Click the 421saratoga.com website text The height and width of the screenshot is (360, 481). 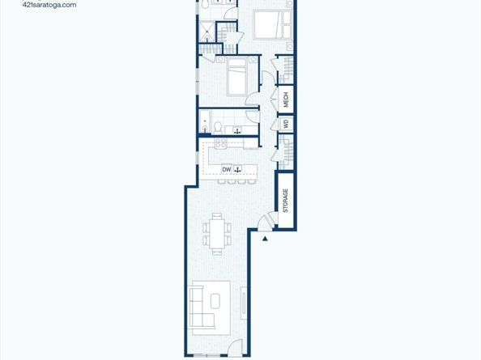click(x=49, y=5)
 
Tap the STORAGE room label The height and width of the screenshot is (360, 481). click(x=286, y=201)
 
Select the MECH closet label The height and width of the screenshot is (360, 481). click(x=286, y=100)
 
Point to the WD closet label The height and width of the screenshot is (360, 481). click(x=286, y=124)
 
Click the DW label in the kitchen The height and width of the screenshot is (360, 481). click(x=227, y=169)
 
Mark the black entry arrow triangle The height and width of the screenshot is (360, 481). click(x=265, y=239)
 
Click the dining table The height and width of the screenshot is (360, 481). click(x=217, y=234)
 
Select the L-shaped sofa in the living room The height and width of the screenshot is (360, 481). click(x=202, y=307)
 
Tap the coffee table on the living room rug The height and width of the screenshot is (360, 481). click(x=215, y=301)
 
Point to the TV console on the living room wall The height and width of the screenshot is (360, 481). click(x=244, y=303)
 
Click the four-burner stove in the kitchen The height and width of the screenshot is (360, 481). click(x=220, y=143)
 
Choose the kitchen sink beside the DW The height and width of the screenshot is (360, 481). click(x=238, y=169)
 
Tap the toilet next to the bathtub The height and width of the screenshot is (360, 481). click(x=218, y=128)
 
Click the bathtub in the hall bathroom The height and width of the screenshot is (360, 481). click(x=205, y=122)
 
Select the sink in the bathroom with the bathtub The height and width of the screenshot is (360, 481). click(x=236, y=130)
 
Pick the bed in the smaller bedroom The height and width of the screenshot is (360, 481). click(x=236, y=77)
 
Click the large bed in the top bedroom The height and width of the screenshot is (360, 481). click(x=272, y=24)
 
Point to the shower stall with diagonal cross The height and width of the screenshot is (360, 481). click(x=207, y=32)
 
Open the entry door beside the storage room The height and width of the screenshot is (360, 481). click(x=265, y=221)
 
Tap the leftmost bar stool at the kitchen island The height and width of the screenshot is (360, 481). click(x=222, y=182)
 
